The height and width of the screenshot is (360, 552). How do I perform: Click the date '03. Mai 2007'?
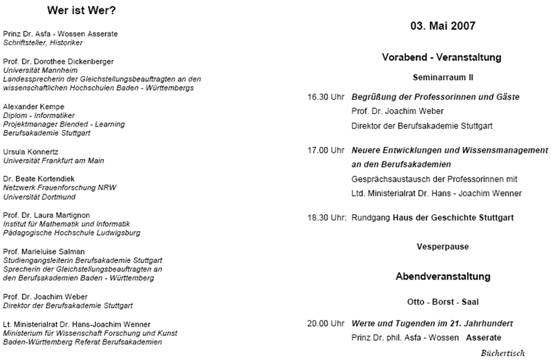click(x=442, y=25)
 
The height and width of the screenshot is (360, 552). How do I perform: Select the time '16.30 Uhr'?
click(x=326, y=96)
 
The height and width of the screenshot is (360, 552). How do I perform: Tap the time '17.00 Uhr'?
click(x=326, y=150)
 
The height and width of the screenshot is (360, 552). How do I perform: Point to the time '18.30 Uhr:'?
click(x=327, y=217)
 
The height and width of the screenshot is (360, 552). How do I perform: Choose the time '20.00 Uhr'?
click(x=326, y=323)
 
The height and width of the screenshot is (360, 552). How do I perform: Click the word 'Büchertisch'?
click(x=503, y=351)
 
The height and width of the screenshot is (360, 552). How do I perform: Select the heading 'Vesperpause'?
click(x=442, y=247)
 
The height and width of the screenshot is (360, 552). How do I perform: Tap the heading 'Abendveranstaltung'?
click(x=442, y=276)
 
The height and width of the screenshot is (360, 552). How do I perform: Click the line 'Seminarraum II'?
click(x=442, y=75)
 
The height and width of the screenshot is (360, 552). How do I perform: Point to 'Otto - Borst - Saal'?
click(x=442, y=302)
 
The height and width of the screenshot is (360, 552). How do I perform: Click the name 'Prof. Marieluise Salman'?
click(x=44, y=251)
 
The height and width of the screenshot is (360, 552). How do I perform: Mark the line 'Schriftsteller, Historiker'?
click(x=43, y=42)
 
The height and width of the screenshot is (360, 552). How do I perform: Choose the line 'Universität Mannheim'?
click(x=38, y=71)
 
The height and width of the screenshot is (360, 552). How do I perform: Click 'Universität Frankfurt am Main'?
click(x=54, y=161)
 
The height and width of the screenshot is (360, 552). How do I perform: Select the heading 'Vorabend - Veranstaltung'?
click(x=442, y=57)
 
